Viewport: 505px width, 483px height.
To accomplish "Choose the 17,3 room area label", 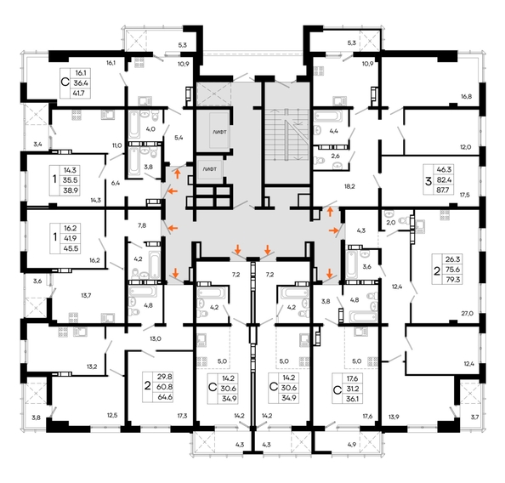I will (181, 416).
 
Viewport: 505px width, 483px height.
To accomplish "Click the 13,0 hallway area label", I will (155, 338).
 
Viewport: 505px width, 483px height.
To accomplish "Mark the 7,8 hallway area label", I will (142, 225).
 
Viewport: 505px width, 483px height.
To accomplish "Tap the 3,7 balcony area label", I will (474, 416).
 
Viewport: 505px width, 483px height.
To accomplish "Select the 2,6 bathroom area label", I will (334, 156).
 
